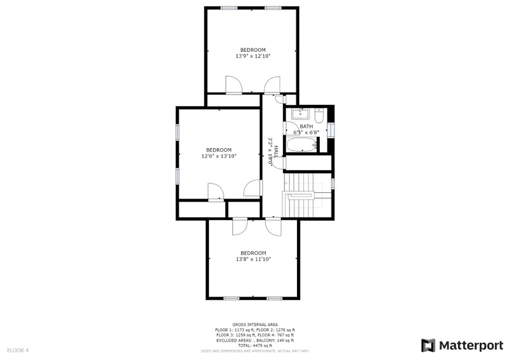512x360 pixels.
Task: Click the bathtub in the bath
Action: (x=301, y=145)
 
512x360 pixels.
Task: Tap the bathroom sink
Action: (x=299, y=113)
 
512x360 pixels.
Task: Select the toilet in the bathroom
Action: (x=319, y=116)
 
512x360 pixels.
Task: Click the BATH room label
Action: (x=306, y=126)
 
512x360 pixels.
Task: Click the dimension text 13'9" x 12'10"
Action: (x=252, y=56)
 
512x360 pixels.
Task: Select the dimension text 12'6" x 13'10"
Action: (x=219, y=156)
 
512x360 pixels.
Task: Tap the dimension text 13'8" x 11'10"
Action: (x=253, y=259)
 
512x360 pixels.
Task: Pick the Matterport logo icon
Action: (x=428, y=346)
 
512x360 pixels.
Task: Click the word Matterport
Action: (x=471, y=346)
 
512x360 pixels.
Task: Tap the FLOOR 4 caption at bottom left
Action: (x=18, y=350)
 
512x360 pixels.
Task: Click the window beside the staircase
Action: (x=333, y=183)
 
